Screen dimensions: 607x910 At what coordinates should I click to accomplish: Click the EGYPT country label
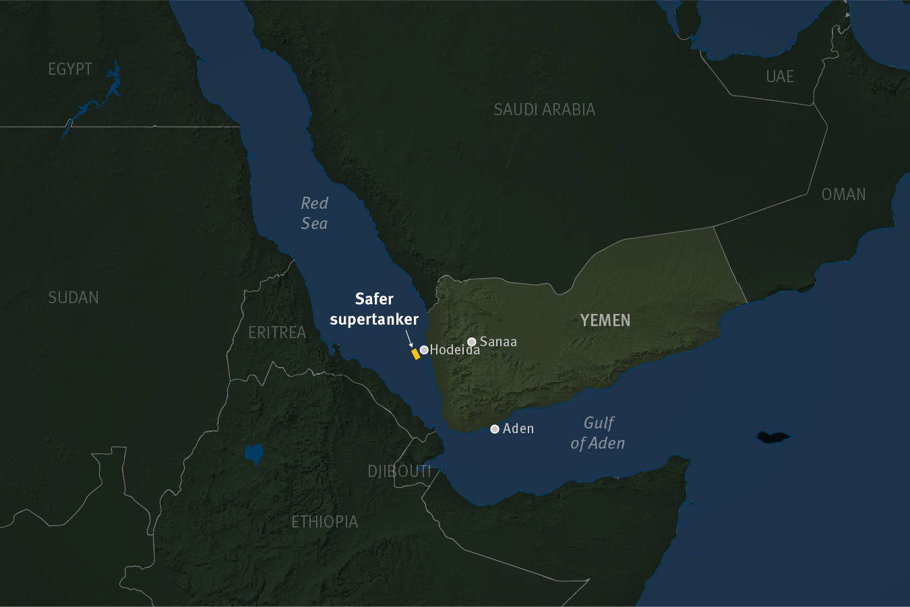tap(70, 69)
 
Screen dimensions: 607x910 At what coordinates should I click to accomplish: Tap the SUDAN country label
tap(73, 297)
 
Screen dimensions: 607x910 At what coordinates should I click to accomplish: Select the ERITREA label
tap(277, 332)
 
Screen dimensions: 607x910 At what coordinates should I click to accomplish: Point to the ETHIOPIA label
tap(324, 521)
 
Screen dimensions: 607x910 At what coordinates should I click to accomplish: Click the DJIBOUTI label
tap(399, 471)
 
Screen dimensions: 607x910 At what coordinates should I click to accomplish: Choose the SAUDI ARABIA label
tap(544, 109)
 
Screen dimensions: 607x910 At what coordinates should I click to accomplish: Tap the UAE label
tap(780, 77)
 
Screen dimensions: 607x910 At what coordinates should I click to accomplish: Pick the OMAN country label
tap(843, 194)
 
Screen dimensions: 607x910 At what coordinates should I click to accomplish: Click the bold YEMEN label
tap(605, 320)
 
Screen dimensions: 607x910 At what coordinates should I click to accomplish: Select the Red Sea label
tap(314, 213)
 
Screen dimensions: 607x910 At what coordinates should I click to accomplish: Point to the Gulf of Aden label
tap(598, 433)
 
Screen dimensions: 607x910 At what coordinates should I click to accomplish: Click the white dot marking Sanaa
tap(472, 342)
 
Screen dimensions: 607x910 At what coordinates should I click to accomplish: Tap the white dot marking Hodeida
tap(424, 350)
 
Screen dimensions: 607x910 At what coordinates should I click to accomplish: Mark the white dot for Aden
tap(495, 428)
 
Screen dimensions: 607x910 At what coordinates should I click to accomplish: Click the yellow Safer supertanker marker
tap(415, 354)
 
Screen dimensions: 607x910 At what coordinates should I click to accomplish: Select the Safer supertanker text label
tap(374, 309)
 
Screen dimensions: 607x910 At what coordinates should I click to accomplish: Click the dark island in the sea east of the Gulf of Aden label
tap(772, 437)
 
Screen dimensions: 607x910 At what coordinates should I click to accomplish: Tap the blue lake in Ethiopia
tap(253, 454)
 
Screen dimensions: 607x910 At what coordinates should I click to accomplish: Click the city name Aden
tap(518, 428)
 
